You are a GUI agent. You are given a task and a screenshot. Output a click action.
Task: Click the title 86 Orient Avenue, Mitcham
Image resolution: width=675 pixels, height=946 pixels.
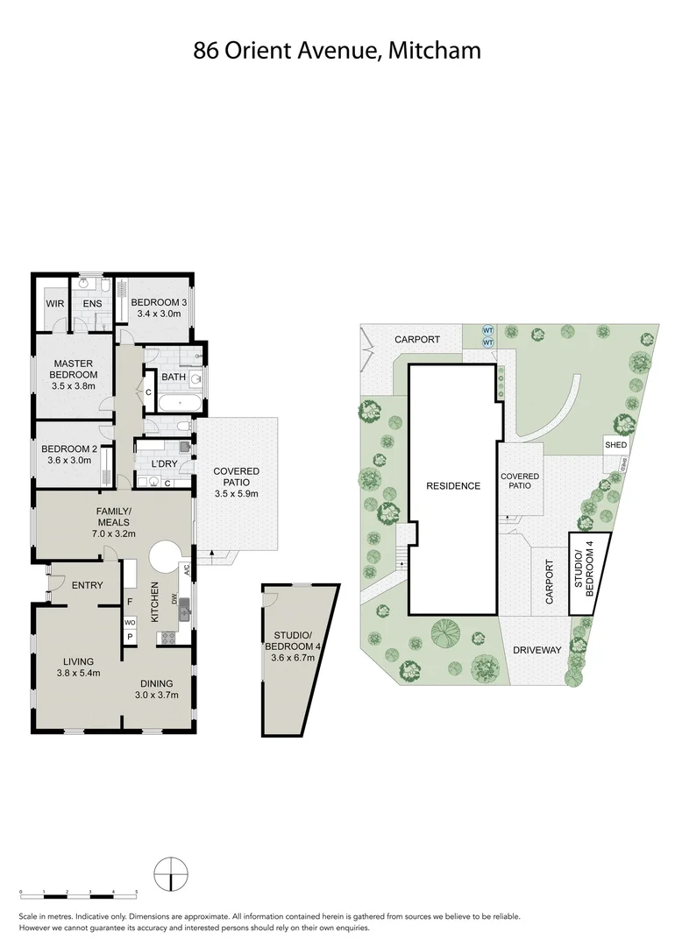point(337,50)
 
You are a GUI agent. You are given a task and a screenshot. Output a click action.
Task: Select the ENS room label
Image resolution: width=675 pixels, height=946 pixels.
point(92,304)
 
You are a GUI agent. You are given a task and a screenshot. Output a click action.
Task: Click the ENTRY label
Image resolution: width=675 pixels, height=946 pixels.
point(88,586)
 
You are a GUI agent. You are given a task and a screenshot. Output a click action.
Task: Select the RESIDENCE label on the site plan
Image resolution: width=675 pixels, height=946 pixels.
point(453,486)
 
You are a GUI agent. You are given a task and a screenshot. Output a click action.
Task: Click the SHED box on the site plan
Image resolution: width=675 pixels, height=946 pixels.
point(615,445)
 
